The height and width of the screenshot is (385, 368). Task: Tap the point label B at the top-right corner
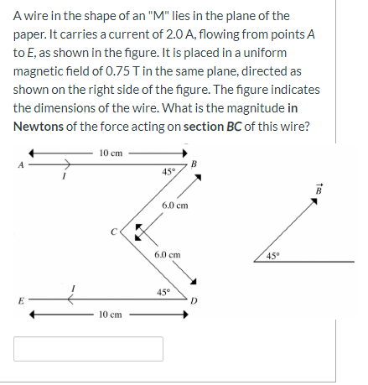pyautogui.click(x=194, y=163)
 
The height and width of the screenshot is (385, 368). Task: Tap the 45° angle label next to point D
pyautogui.click(x=165, y=292)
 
